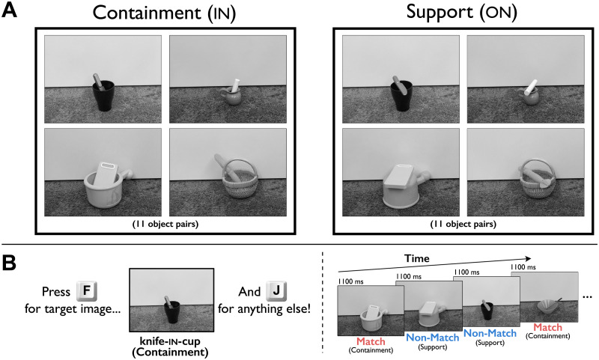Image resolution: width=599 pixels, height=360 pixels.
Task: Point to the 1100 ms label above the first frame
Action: click(350, 280)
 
